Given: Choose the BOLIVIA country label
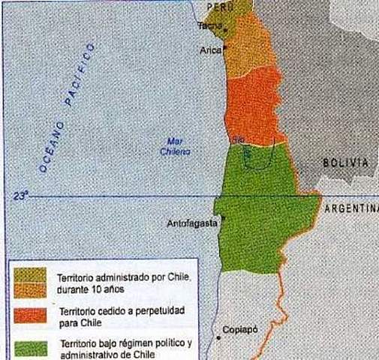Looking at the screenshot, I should pos(345,163).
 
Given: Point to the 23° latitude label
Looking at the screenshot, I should pos(20,196).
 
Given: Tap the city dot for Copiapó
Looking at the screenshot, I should pos(218,337).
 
